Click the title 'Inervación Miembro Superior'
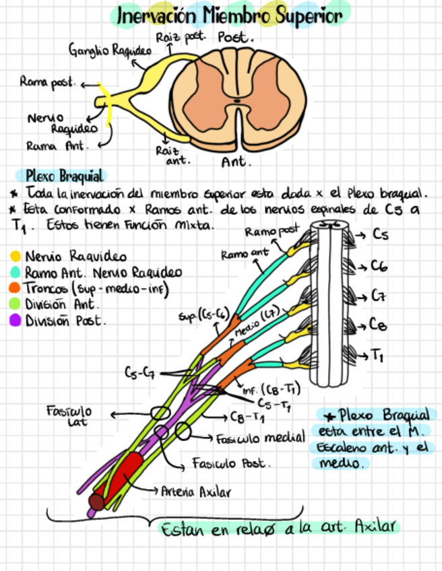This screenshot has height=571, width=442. coord(230,15)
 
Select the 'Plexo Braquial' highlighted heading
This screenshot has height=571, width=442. coord(64,176)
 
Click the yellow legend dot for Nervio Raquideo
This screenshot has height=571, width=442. coord(15,257)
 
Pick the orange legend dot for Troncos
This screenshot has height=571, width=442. coord(15,288)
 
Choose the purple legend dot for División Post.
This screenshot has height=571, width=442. coord(15,321)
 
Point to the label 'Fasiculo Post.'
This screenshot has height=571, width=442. coord(231,464)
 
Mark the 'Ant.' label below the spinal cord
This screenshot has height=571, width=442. coord(236,162)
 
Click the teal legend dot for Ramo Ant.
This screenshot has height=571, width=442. coord(15,273)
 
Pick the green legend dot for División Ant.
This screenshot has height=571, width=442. coord(15,304)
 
